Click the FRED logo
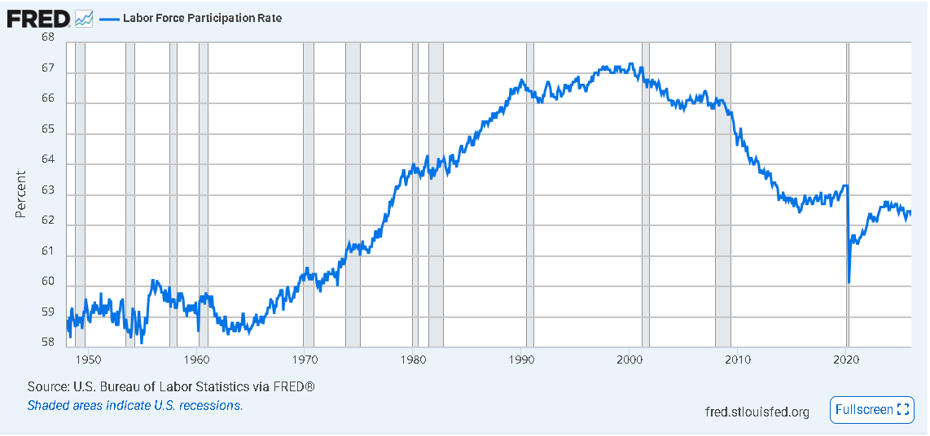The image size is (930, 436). click(x=38, y=17)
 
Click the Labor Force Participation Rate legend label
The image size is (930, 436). click(x=202, y=18)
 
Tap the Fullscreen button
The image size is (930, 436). click(x=871, y=410)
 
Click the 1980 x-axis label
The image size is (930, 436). click(x=413, y=360)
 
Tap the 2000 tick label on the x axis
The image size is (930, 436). click(x=630, y=360)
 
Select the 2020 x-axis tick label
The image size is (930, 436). click(x=847, y=360)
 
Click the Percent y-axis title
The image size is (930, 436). click(x=20, y=194)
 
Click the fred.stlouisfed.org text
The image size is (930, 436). click(x=757, y=412)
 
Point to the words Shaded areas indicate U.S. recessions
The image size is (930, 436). click(x=135, y=405)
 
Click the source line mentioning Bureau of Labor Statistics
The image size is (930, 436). click(x=171, y=386)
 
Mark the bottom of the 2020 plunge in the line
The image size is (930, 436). click(x=849, y=281)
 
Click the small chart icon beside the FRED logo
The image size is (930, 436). click(x=84, y=18)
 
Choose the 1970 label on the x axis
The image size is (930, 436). click(x=305, y=360)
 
